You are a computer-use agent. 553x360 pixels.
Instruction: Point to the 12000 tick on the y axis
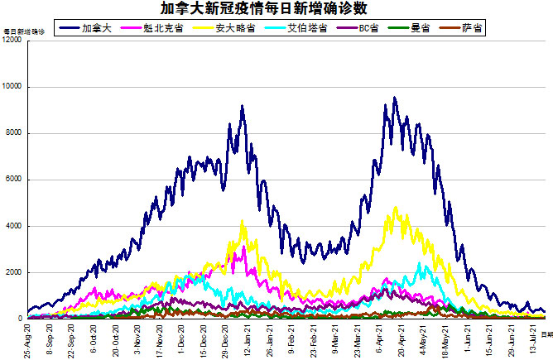coord(12,41)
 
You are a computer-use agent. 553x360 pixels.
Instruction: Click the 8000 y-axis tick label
coord(15,133)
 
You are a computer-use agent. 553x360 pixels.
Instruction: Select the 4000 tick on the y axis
coord(15,226)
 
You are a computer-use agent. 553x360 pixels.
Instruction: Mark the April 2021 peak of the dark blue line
coord(394,98)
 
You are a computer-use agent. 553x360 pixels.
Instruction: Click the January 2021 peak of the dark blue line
coord(242,106)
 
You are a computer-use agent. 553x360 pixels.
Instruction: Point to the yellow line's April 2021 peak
coord(396,208)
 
